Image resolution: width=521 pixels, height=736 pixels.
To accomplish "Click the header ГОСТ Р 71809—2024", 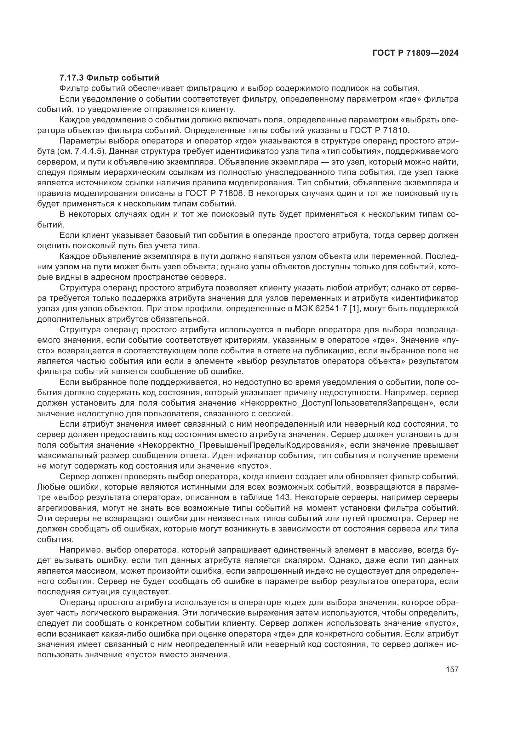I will tap(415, 53).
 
